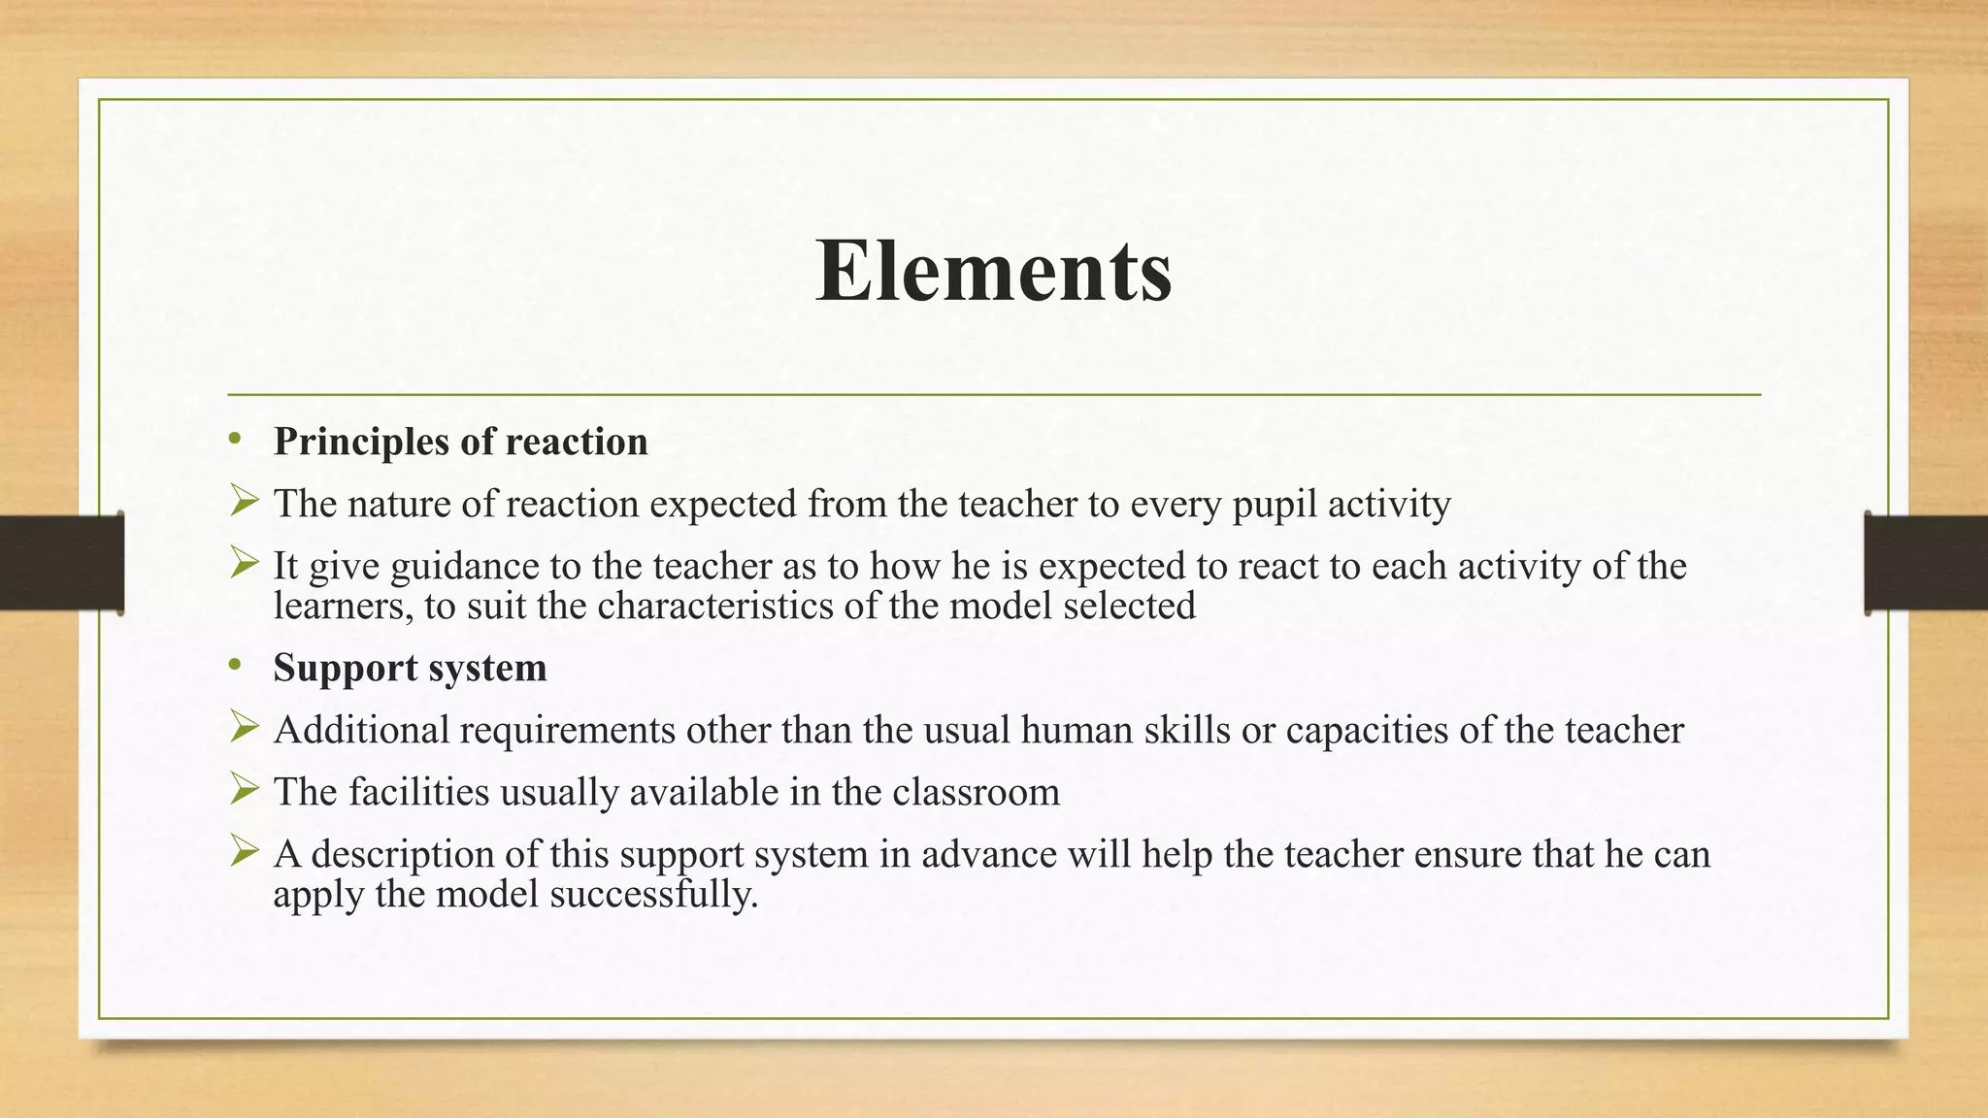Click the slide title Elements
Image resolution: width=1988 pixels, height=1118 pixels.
[x=993, y=271]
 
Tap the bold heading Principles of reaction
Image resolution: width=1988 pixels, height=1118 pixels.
[x=460, y=443]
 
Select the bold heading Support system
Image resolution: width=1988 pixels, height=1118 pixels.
[x=410, y=669]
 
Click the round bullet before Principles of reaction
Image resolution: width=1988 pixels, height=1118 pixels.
[x=234, y=441]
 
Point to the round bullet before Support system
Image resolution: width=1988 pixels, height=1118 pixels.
[x=234, y=667]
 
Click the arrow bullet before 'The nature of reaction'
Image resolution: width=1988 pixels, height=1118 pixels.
[x=245, y=502]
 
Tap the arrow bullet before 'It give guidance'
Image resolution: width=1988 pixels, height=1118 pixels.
[x=245, y=564]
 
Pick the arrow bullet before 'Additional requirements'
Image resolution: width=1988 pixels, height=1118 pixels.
[x=245, y=728]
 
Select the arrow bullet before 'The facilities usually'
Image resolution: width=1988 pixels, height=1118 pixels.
[x=245, y=790]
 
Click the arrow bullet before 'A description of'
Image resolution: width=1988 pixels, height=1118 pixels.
[x=245, y=852]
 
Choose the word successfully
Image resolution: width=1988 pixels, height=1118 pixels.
[x=653, y=895]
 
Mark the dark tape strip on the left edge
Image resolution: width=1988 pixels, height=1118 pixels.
[x=61, y=563]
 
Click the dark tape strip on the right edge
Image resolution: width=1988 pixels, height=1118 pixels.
[x=1926, y=563]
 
